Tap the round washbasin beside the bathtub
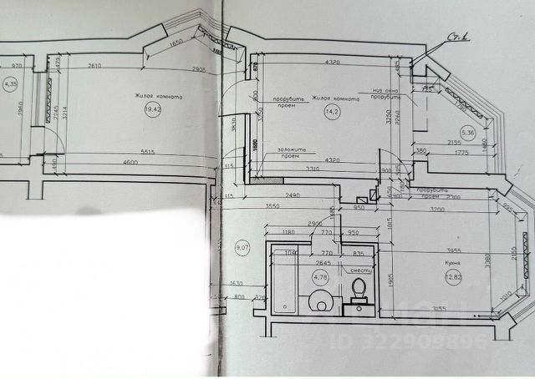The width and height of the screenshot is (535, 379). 321,302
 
